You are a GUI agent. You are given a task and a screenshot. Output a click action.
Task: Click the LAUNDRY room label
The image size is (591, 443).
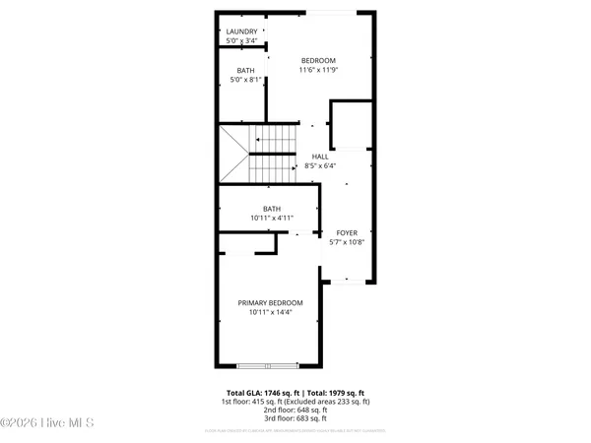point(242,32)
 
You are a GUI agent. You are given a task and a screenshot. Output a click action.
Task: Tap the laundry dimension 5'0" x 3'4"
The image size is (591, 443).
point(242,41)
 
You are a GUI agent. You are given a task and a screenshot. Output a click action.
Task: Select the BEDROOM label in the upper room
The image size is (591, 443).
point(318,61)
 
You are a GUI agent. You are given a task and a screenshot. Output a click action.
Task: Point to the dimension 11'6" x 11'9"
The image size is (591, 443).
point(318,70)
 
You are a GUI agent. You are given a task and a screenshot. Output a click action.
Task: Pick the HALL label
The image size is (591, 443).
point(320,157)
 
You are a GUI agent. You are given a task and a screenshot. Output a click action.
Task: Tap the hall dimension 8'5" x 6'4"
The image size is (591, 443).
point(320,165)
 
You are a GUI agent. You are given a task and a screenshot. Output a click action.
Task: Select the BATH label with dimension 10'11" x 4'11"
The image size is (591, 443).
point(271,208)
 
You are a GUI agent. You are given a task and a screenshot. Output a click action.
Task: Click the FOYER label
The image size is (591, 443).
point(347,233)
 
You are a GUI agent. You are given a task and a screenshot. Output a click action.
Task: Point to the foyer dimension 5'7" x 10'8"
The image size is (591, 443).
point(347,242)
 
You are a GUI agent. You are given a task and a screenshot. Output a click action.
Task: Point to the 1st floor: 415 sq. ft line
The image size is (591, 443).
point(295,402)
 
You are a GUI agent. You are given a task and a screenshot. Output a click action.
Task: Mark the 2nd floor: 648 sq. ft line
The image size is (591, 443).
point(295,411)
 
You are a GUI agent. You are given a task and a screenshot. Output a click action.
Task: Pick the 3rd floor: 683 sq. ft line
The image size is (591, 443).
point(295,421)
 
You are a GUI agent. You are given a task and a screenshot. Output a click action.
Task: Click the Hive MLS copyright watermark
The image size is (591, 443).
point(47,424)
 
